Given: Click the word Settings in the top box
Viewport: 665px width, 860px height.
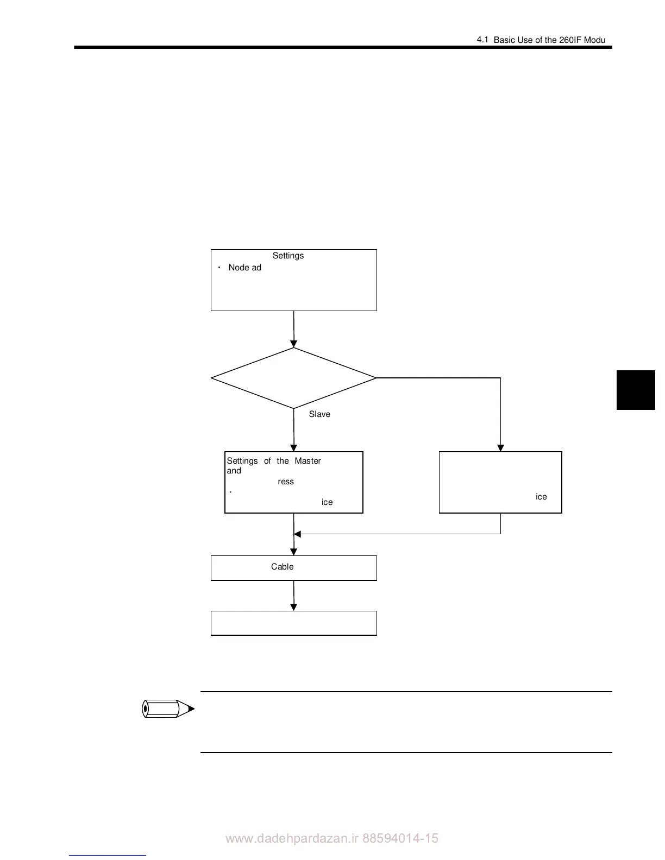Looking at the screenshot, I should click(288, 256).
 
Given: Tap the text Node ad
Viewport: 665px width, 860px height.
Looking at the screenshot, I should click(244, 268).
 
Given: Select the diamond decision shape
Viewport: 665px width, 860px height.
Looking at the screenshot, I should click(293, 378).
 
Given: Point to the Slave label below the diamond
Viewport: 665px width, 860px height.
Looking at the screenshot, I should click(319, 414).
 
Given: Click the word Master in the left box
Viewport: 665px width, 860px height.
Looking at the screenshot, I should click(308, 461).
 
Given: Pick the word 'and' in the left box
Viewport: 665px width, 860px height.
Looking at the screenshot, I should click(234, 471).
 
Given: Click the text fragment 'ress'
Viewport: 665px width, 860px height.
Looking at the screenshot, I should click(285, 482).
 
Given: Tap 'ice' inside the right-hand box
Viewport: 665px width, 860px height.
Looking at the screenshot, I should click(541, 497).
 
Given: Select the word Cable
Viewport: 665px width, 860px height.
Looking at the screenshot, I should click(282, 567).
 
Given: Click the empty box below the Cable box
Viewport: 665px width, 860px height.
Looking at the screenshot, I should click(293, 623).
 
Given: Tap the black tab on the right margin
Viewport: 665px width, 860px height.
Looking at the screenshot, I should click(636, 390).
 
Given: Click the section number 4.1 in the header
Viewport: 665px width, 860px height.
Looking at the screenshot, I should click(482, 40).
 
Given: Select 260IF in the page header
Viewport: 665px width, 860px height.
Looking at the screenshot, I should click(570, 40).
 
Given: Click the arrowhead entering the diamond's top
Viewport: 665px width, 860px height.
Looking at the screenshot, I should click(293, 344).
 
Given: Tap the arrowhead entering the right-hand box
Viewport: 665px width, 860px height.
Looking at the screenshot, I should click(500, 448).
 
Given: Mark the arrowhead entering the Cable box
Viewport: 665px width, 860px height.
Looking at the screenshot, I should click(293, 552).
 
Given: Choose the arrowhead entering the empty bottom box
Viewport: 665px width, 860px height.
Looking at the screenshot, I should click(293, 607).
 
